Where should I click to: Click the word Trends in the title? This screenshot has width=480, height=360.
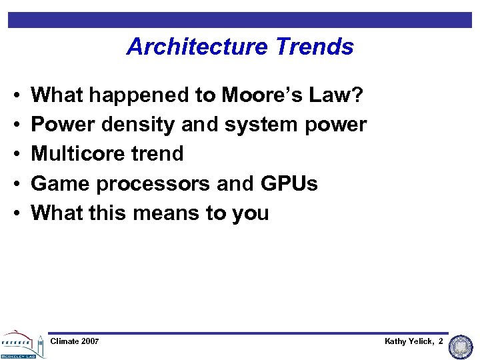tap(319, 47)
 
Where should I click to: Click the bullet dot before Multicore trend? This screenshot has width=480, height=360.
tap(14, 154)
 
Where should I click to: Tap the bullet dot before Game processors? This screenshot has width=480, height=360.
tap(14, 183)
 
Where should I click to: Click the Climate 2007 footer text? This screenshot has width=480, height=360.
tap(75, 341)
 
